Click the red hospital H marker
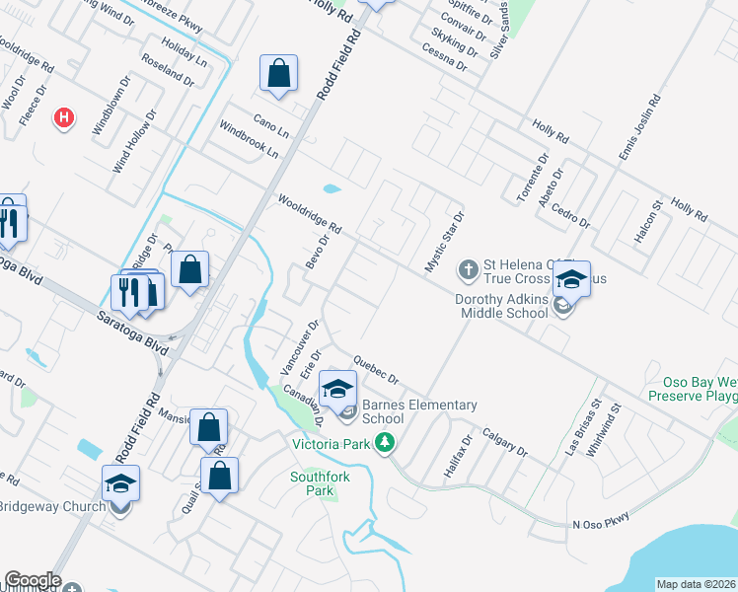pyautogui.click(x=64, y=117)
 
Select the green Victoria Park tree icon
pyautogui.click(x=390, y=444)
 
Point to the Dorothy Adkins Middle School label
pyautogui.click(x=502, y=306)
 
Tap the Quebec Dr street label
pyautogui.click(x=374, y=370)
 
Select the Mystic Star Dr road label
pyautogui.click(x=443, y=242)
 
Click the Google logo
pyautogui.click(x=33, y=580)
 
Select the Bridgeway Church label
pyautogui.click(x=53, y=507)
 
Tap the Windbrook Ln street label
pyautogui.click(x=249, y=141)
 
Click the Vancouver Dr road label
pyautogui.click(x=298, y=346)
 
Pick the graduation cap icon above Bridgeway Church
pyautogui.click(x=120, y=482)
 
